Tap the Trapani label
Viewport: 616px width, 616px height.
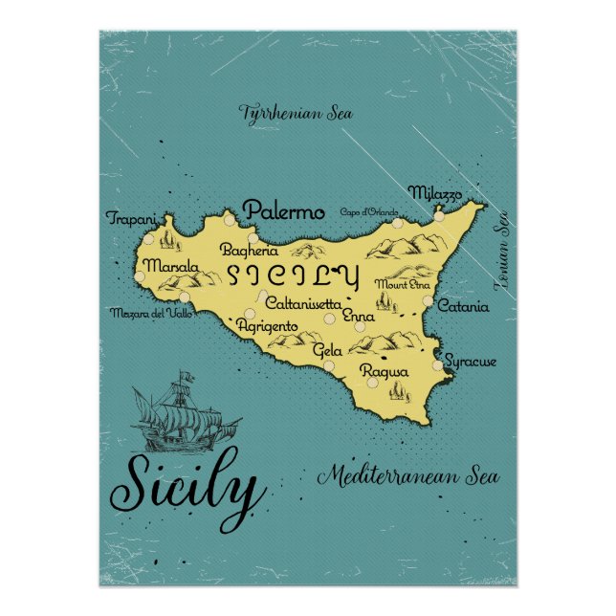pyautogui.click(x=130, y=218)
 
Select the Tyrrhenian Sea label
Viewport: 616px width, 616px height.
pyautogui.click(x=296, y=113)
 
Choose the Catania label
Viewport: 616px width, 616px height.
pyautogui.click(x=463, y=307)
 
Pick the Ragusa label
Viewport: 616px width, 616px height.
pyautogui.click(x=385, y=371)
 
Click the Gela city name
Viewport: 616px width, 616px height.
pyautogui.click(x=327, y=351)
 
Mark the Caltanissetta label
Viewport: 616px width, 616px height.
pyautogui.click(x=301, y=303)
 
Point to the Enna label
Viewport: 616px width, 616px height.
pyautogui.click(x=359, y=316)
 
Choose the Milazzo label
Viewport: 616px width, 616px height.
pyautogui.click(x=435, y=192)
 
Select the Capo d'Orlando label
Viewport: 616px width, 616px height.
pyautogui.click(x=367, y=211)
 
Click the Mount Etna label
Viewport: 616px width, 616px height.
pyautogui.click(x=403, y=284)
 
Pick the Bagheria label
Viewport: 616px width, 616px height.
pyautogui.click(x=249, y=251)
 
